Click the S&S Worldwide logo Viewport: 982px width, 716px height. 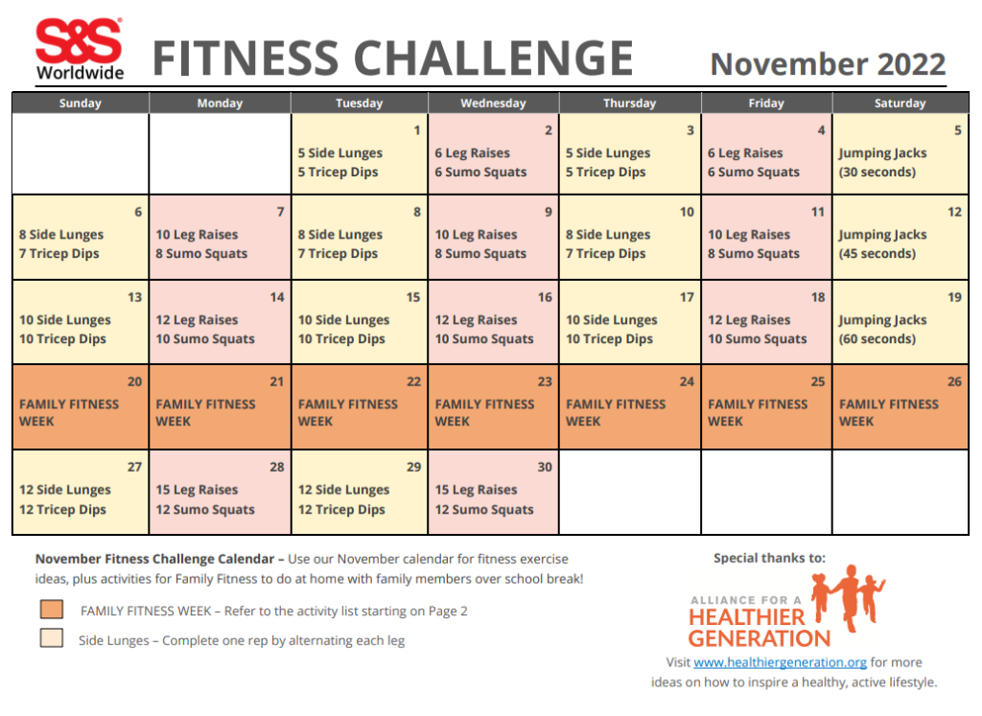pyautogui.click(x=80, y=51)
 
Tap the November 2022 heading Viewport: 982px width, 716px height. pyautogui.click(x=828, y=64)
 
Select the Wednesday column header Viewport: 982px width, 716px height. pyautogui.click(x=493, y=104)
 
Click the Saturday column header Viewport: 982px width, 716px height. pyautogui.click(x=900, y=104)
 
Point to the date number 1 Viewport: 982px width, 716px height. pyautogui.click(x=416, y=130)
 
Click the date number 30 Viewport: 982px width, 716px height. pyautogui.click(x=545, y=467)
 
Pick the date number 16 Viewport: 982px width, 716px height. pyautogui.click(x=545, y=297)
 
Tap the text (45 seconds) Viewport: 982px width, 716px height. pyautogui.click(x=877, y=254)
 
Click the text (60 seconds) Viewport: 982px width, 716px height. pyautogui.click(x=877, y=339)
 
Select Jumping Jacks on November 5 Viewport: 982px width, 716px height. pyautogui.click(x=882, y=153)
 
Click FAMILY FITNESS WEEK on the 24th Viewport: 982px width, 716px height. pyautogui.click(x=616, y=412)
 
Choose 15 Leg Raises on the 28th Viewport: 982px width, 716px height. pyautogui.click(x=197, y=490)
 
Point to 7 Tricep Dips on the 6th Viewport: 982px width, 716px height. pyautogui.click(x=59, y=254)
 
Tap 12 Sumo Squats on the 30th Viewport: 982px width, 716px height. pyautogui.click(x=484, y=510)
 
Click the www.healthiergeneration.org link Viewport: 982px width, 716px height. pyautogui.click(x=780, y=662)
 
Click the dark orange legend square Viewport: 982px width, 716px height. pyautogui.click(x=52, y=610)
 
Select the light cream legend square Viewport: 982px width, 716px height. pyautogui.click(x=52, y=639)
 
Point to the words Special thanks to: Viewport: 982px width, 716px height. pyautogui.click(x=769, y=558)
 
